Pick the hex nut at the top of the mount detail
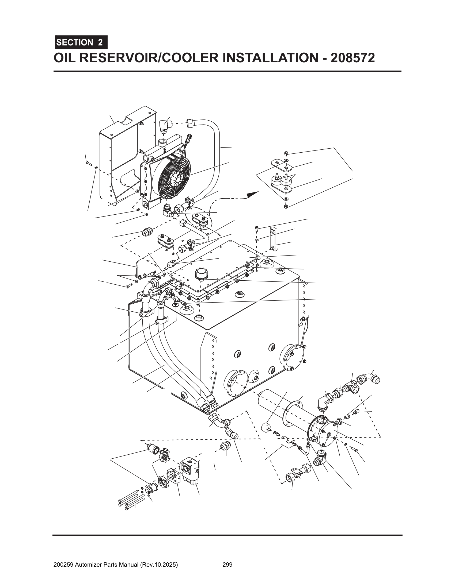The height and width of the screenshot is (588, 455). [x=287, y=153]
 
